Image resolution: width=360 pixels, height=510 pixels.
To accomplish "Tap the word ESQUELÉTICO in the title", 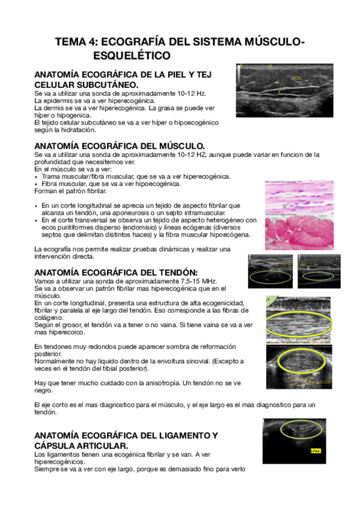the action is (132, 56).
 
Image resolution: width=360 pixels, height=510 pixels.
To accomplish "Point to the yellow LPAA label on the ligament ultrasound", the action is (315, 450).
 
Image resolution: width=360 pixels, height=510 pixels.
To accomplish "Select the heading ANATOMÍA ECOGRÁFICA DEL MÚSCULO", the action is (120, 146).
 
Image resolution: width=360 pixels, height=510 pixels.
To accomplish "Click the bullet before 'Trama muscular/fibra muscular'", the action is (37, 177).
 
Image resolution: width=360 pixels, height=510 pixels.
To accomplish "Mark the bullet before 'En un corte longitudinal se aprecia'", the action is (37, 206).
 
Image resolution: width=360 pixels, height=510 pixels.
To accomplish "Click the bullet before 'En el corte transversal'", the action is (37, 220).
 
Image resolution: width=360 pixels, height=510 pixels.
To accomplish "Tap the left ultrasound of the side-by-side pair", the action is (270, 271).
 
